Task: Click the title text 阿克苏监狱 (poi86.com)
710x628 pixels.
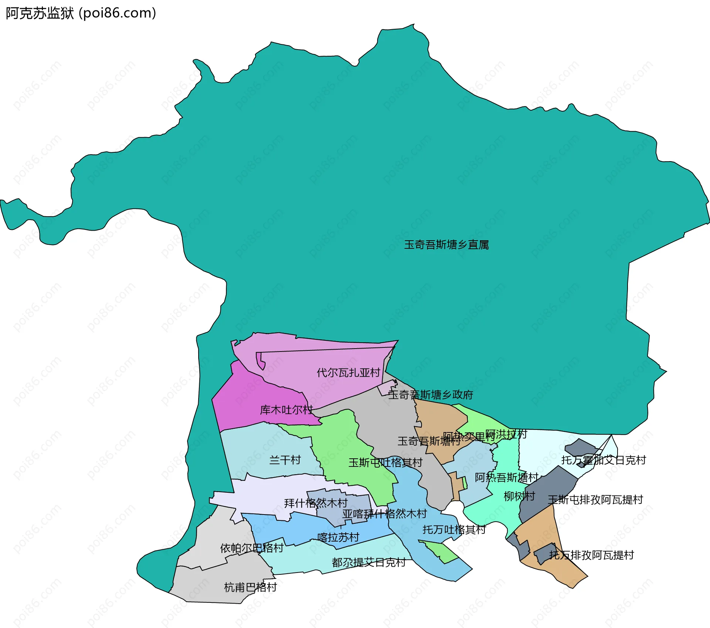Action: [81, 13]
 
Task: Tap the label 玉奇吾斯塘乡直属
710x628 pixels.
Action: [446, 245]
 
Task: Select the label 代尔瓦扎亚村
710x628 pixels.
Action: [348, 372]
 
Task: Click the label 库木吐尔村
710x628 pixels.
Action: [286, 410]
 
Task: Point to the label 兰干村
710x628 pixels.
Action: [285, 460]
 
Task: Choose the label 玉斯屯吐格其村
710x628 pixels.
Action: [385, 462]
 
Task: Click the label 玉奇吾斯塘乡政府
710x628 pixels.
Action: [430, 395]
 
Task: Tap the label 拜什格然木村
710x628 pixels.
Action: [316, 503]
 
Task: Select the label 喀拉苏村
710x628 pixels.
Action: [338, 537]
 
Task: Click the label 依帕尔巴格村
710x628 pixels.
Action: [251, 548]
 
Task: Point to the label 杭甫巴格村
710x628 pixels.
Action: [250, 587]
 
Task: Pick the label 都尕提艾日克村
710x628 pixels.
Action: [369, 562]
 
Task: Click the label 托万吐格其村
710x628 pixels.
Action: [454, 529]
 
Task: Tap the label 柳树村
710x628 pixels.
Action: [519, 496]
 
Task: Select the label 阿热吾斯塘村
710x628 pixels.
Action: [506, 477]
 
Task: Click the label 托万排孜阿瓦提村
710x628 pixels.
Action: [591, 555]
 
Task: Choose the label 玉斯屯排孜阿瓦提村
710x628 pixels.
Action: [595, 500]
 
